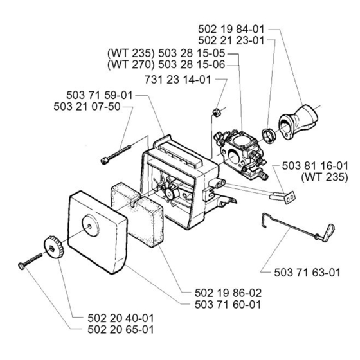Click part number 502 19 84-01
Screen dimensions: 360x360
coord(231,30)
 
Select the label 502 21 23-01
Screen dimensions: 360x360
coord(231,40)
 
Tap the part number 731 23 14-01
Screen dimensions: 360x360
coord(178,80)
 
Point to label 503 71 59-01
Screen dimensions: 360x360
coord(100,95)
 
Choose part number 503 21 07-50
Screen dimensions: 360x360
coord(87,107)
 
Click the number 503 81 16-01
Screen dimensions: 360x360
coord(315,166)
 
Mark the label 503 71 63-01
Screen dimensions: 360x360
coord(307,273)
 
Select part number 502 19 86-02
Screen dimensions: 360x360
coord(228,293)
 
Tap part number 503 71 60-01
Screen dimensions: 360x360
coord(228,305)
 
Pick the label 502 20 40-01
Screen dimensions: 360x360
coord(121,318)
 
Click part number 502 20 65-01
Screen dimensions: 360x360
coord(121,329)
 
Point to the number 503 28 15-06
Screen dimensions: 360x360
coord(192,64)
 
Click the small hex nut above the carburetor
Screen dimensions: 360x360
coord(216,113)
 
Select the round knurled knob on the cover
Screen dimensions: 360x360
coord(53,247)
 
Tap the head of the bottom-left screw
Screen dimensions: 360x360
coord(21,266)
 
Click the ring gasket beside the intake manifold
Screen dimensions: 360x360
coord(268,136)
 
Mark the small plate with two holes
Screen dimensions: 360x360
coord(290,197)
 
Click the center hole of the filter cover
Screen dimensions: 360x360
coord(90,226)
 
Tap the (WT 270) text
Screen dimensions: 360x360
coord(131,64)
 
